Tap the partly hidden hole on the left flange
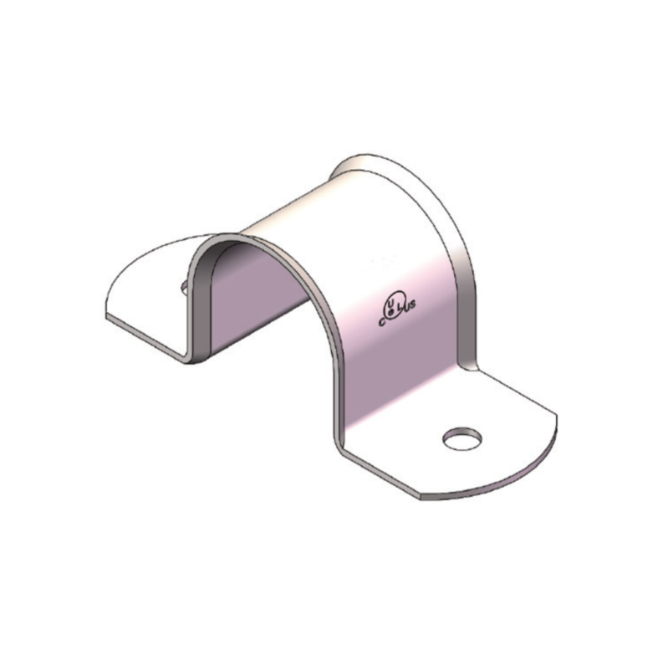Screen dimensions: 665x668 tap(183, 287)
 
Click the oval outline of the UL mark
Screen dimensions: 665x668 tap(395, 301)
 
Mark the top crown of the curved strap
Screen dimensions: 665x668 tap(334, 209)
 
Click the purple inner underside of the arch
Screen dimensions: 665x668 tap(259, 293)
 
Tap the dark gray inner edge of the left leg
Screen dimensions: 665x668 tap(199, 301)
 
